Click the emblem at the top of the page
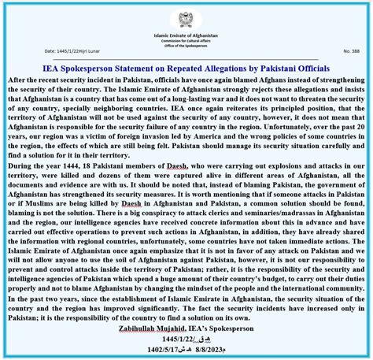tap(186, 18)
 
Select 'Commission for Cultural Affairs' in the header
tap(186, 41)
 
